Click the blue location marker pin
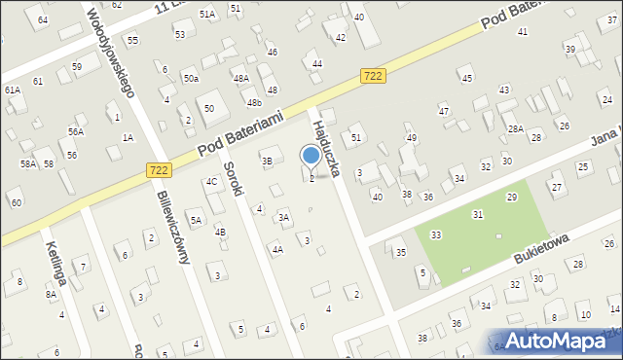[311, 157]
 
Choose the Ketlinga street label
[52, 262]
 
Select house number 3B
[267, 161]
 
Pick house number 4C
[211, 182]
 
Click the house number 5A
[196, 221]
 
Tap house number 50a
[191, 78]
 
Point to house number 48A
[240, 78]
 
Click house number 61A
[13, 90]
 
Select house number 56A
[75, 131]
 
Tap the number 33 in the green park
[436, 235]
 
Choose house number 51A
[207, 15]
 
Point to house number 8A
[51, 294]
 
